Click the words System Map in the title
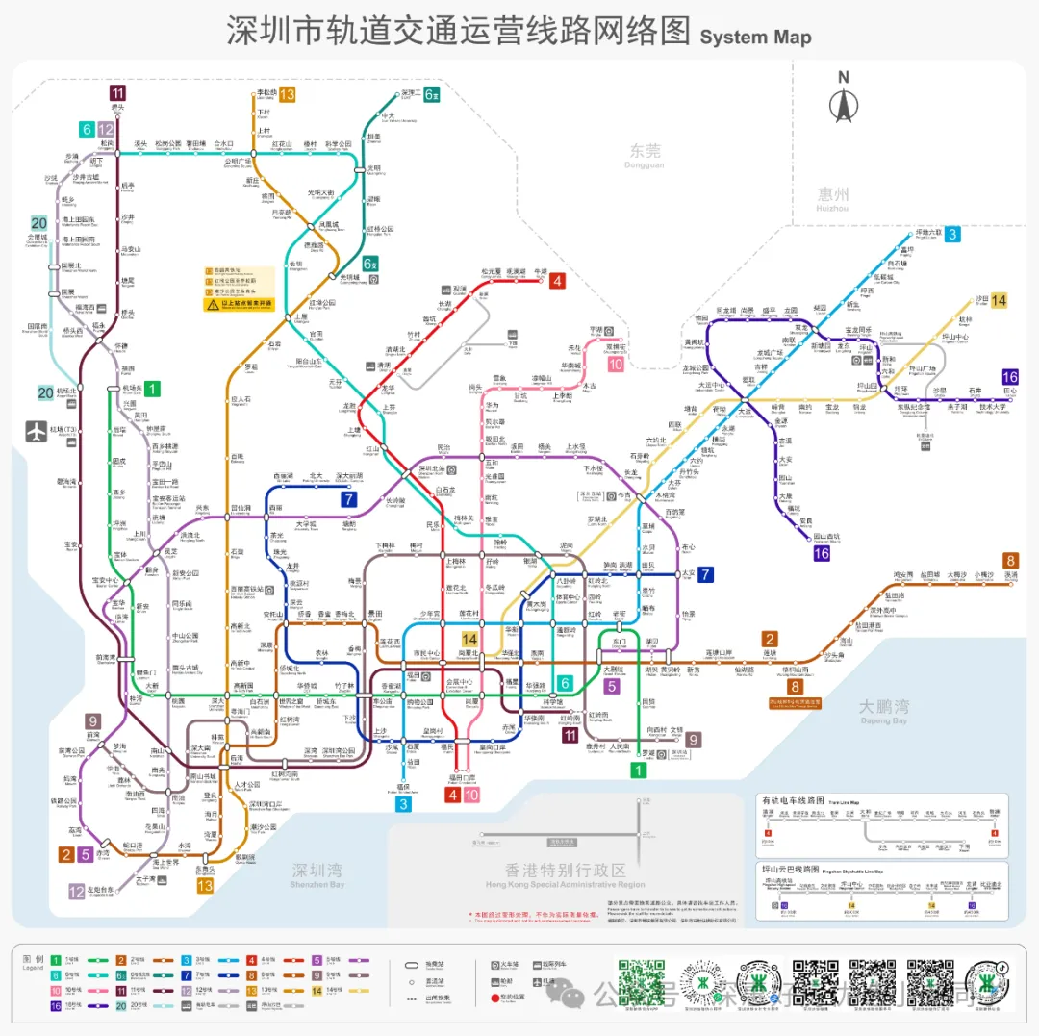[755, 38]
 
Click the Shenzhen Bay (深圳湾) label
[317, 872]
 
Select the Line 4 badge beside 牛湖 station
[557, 281]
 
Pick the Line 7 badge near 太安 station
[706, 574]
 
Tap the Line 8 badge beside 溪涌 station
[1010, 561]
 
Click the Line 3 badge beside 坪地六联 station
[951, 234]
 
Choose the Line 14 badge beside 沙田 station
[1000, 300]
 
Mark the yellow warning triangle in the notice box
[212, 304]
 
